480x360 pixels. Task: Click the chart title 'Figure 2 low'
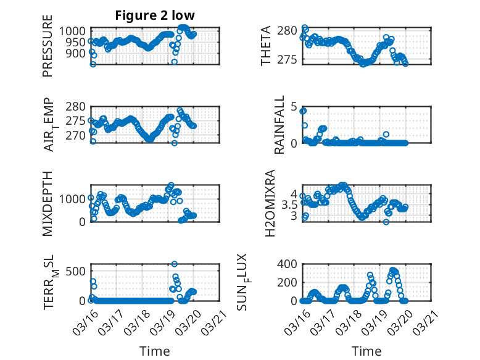155,16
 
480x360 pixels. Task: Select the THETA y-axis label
265,46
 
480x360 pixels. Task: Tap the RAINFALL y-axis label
279,125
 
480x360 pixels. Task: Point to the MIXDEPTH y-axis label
48,203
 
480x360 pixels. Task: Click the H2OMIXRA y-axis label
270,203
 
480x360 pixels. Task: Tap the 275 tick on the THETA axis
288,59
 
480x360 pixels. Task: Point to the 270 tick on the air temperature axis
79,135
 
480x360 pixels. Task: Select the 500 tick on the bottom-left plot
79,270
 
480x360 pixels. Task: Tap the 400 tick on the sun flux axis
288,264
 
